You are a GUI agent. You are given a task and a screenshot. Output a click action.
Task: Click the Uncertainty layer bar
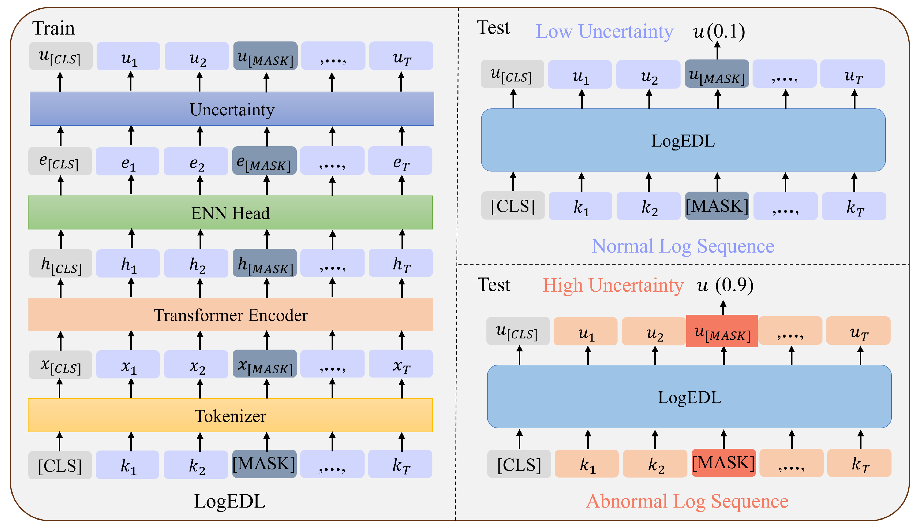232,109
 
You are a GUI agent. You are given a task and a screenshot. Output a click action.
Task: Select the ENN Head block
230,213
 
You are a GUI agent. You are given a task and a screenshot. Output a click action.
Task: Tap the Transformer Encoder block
230,314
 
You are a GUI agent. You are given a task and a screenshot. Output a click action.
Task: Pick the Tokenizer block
230,415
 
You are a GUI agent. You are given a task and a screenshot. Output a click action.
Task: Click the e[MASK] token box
264,161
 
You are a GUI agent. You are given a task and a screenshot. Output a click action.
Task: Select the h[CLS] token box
61,263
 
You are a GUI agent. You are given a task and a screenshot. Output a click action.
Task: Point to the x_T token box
401,364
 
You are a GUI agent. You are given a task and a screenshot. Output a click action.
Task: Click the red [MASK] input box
723,463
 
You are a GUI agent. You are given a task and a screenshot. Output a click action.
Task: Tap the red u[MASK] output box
722,331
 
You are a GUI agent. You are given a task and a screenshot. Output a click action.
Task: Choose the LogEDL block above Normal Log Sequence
683,140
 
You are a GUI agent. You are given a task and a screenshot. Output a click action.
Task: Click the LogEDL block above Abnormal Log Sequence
689,397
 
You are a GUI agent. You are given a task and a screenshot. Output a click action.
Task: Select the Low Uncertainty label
604,32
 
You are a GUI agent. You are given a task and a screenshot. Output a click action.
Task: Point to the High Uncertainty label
613,285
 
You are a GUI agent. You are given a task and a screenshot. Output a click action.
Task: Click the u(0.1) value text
719,32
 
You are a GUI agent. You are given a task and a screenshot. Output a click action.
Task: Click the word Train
54,28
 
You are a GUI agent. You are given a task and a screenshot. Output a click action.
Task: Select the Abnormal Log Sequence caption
687,501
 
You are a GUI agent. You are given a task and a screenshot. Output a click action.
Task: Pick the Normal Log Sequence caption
683,246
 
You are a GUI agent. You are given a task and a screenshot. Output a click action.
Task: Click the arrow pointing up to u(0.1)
717,50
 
